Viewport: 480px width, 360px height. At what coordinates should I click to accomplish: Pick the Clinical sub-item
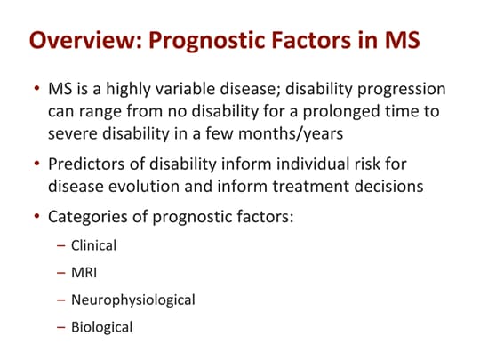click(93, 244)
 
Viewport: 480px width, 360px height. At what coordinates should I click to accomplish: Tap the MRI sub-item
click(84, 272)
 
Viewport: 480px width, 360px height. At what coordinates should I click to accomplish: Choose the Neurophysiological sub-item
click(132, 300)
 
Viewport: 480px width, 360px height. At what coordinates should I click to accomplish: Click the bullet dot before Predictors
click(35, 164)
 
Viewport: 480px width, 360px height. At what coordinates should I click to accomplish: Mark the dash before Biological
click(60, 326)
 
